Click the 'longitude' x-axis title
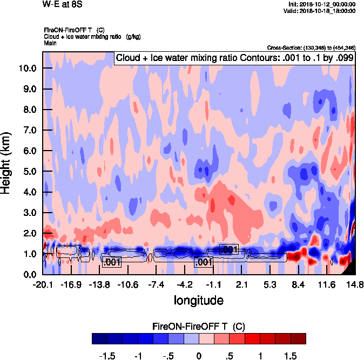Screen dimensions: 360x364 (x=198, y=300)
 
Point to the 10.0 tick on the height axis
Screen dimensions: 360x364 (x=28, y=68)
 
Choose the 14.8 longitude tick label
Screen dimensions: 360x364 (x=354, y=284)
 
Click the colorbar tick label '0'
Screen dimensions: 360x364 (x=199, y=356)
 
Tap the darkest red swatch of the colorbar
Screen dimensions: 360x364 (x=298, y=338)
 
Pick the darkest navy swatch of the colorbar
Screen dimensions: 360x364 (x=100, y=338)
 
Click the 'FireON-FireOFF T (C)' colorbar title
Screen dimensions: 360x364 (x=199, y=327)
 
